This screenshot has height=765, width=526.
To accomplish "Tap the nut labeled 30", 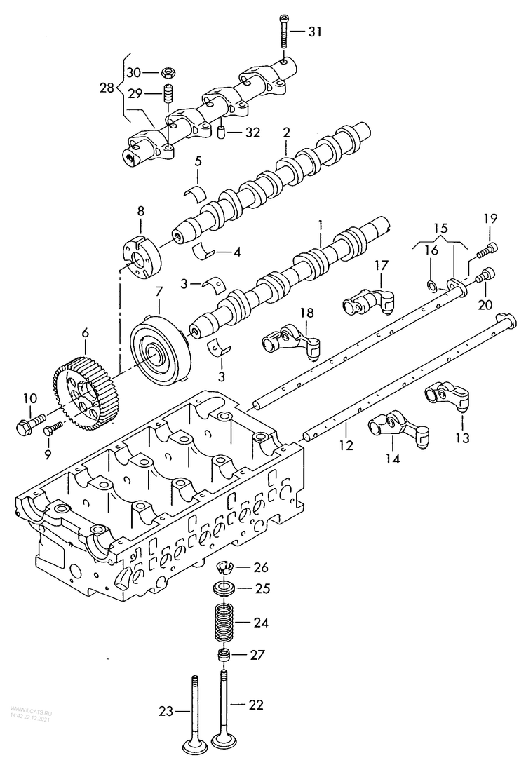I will coord(168,72).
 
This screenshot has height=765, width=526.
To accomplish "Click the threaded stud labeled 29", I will coord(168,93).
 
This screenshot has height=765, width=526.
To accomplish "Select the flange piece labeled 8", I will coord(142,257).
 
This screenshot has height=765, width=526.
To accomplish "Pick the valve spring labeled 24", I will coord(222,623).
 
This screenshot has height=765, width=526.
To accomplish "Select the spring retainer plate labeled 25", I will coord(223,588).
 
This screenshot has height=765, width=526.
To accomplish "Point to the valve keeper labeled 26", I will coord(223,567).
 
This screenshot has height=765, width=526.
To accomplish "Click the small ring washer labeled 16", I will coord(433,284).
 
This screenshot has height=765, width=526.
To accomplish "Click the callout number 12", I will coord(346,445).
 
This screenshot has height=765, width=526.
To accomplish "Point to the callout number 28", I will coord(106,89).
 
